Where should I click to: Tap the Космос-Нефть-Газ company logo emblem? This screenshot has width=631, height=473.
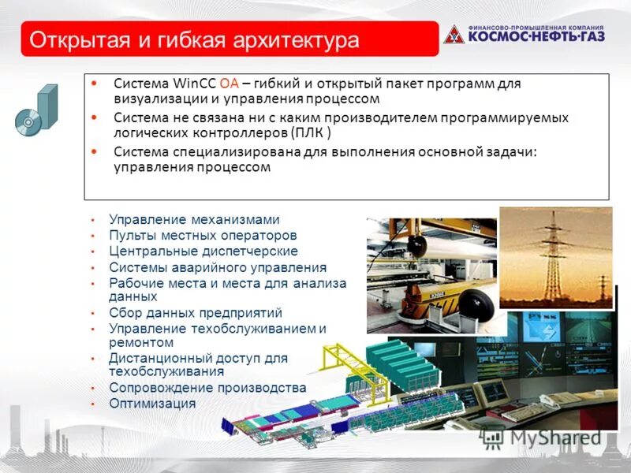pyautogui.click(x=454, y=34)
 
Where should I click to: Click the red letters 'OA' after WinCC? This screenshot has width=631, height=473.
pyautogui.click(x=229, y=84)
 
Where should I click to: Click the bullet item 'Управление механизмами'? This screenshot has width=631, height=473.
pyautogui.click(x=194, y=220)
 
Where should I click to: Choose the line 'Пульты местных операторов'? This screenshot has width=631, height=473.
pyautogui.click(x=203, y=236)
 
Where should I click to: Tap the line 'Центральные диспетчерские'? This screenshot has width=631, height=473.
pyautogui.click(x=203, y=251)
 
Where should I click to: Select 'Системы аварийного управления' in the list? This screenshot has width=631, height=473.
pyautogui.click(x=218, y=267)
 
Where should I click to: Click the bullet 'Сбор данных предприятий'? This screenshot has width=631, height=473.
pyautogui.click(x=196, y=313)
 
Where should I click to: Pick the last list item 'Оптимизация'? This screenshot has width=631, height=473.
pyautogui.click(x=152, y=404)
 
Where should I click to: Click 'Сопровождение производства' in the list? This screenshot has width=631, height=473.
pyautogui.click(x=207, y=388)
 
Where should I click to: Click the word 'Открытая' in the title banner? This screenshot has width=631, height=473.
pyautogui.click(x=76, y=39)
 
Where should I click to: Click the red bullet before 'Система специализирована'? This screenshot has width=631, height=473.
pyautogui.click(x=95, y=151)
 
